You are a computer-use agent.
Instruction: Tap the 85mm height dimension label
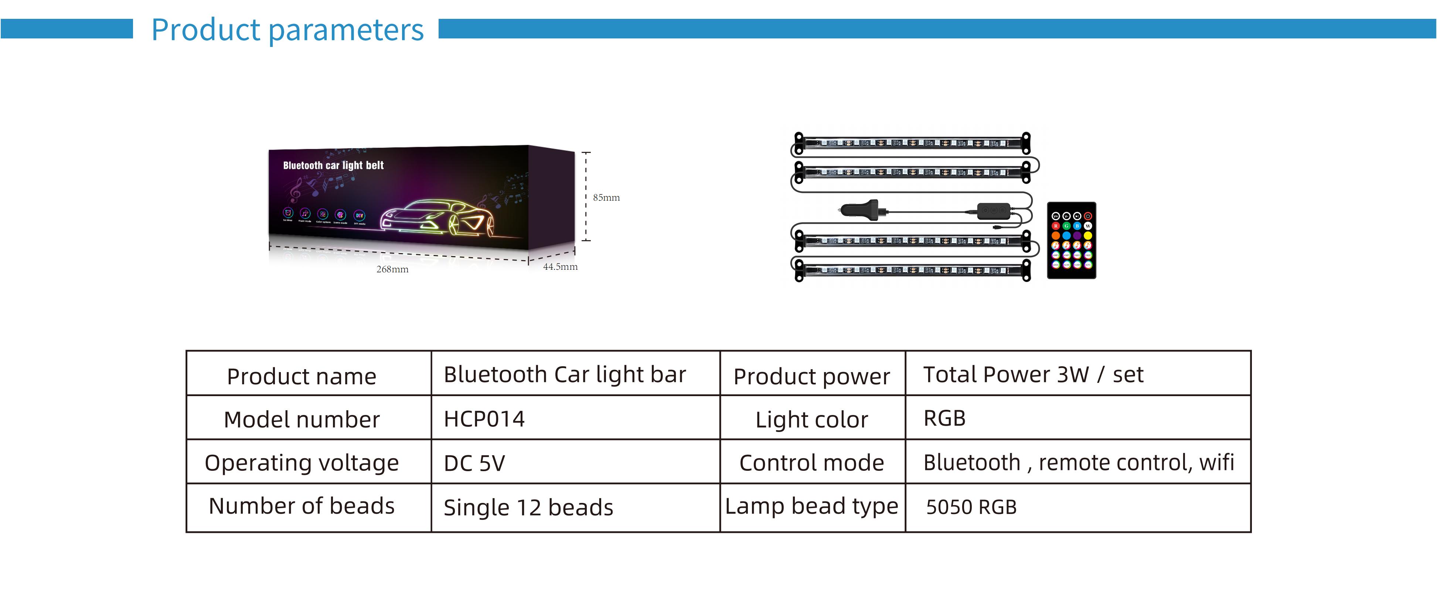pyautogui.click(x=606, y=198)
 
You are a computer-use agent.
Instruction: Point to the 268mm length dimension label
pyautogui.click(x=392, y=269)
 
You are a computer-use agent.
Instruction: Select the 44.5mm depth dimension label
pyautogui.click(x=560, y=267)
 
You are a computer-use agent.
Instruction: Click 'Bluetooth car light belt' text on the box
pyautogui.click(x=333, y=165)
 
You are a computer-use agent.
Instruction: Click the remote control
pyautogui.click(x=1071, y=240)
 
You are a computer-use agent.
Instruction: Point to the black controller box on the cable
pyautogui.click(x=994, y=211)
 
